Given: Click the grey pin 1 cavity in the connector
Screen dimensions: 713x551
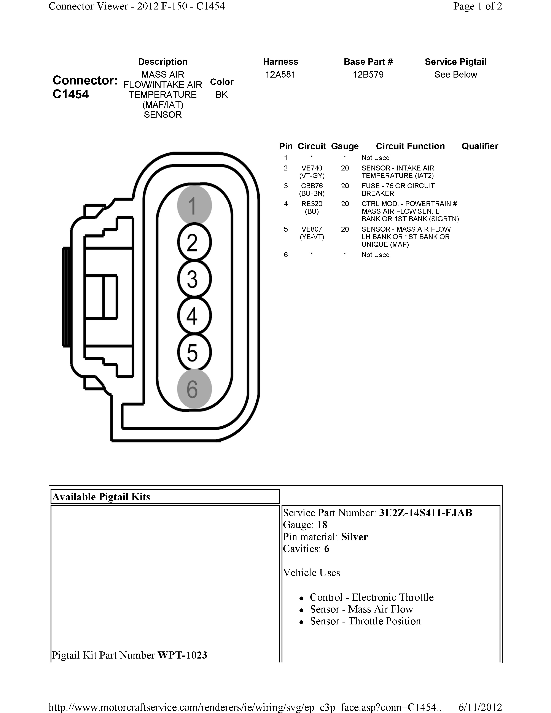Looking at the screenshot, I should [194, 205].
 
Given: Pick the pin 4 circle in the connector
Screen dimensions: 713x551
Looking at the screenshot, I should [194, 316].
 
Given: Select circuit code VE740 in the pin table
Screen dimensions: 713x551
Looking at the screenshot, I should [312, 168].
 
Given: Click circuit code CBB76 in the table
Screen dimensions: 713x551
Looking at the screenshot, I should [312, 186].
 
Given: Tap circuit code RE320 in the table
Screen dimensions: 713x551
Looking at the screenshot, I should [312, 204].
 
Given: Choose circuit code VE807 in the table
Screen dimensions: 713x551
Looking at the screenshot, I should [312, 229].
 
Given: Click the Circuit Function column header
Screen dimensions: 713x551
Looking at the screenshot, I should [410, 146].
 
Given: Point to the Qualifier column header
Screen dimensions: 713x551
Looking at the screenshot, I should [479, 146].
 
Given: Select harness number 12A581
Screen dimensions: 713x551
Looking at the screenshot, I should [280, 75].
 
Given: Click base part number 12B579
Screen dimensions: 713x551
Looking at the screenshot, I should [368, 75].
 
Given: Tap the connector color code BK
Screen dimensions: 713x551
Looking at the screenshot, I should [222, 95].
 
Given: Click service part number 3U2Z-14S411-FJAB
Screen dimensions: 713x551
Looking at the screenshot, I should [425, 513].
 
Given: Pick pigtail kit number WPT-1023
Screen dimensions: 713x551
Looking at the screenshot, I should [182, 655].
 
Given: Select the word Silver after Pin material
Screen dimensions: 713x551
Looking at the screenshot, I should [354, 537].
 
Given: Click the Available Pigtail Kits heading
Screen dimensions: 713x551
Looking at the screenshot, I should [101, 497].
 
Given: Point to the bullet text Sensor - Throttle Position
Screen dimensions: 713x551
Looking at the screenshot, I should [365, 621].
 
